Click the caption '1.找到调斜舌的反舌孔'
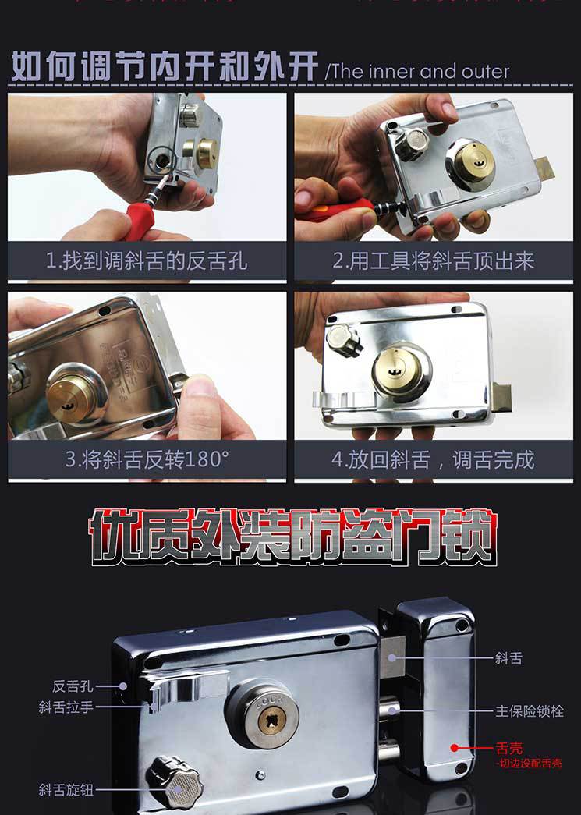coord(147,261)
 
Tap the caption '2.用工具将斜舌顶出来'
coord(434,261)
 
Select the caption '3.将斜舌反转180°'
coord(147,459)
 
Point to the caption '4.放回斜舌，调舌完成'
coord(434,459)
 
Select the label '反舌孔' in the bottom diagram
coord(73,686)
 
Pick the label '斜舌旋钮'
coord(66,789)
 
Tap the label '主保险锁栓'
coord(530,711)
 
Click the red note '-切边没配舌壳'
coord(528,764)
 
